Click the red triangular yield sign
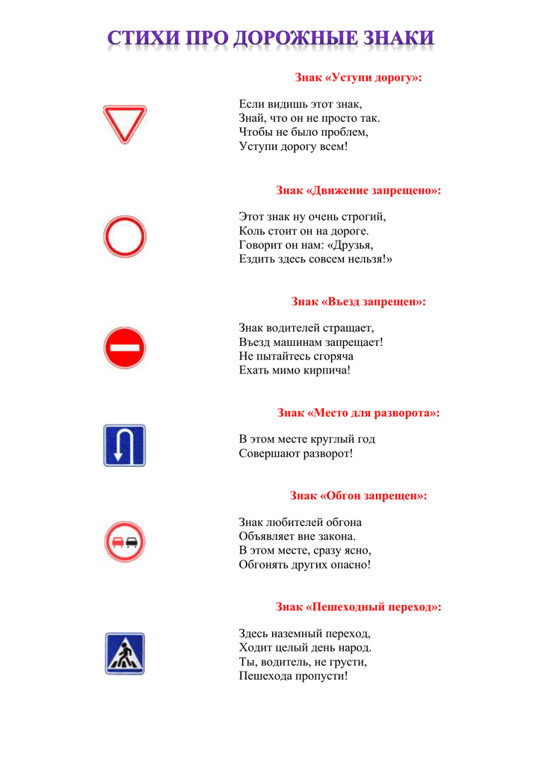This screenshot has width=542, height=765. (124, 123)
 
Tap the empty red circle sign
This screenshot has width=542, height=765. (124, 237)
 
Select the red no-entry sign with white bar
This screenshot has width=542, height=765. (124, 348)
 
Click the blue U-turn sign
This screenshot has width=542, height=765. (124, 445)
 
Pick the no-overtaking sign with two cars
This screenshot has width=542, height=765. (124, 542)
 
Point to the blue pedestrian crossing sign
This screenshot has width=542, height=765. (124, 653)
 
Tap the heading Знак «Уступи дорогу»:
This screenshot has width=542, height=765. (358, 78)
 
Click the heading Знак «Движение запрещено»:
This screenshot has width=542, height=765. (358, 191)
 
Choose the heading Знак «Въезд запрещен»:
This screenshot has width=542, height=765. (358, 302)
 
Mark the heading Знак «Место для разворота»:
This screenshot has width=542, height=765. (358, 412)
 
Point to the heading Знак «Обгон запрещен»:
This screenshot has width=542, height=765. (358, 495)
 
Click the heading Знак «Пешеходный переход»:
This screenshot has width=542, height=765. (358, 607)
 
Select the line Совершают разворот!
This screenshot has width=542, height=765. (295, 453)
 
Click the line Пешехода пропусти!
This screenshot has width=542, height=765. (293, 676)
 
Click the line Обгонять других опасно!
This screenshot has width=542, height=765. (304, 564)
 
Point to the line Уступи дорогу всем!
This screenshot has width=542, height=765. (293, 146)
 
